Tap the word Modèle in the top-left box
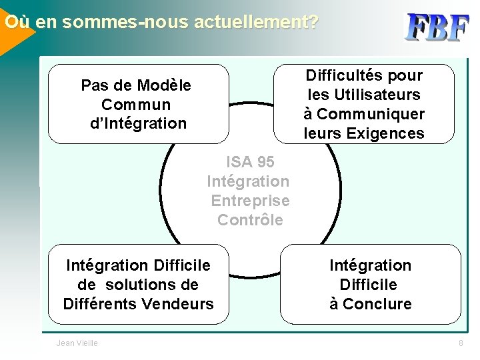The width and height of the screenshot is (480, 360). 163,85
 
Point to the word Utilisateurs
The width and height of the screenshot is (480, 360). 380,95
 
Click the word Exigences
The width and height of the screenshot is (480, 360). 385,133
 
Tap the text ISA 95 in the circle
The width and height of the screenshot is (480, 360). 250,162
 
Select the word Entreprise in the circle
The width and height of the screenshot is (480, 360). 250,201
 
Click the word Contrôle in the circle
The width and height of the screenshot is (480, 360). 250,220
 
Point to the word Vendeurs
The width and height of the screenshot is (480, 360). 182,304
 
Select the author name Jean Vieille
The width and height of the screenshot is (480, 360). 77,343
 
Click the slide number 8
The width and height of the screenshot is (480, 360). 460,343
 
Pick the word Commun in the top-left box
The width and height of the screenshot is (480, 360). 136,105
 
